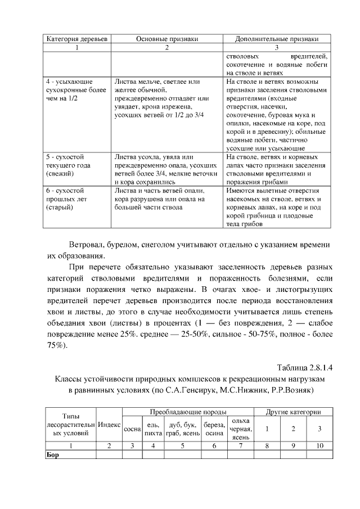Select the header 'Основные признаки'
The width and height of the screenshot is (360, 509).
(x=166, y=39)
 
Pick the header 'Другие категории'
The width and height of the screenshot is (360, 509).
(x=293, y=412)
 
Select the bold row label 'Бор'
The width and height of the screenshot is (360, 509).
(x=52, y=454)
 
